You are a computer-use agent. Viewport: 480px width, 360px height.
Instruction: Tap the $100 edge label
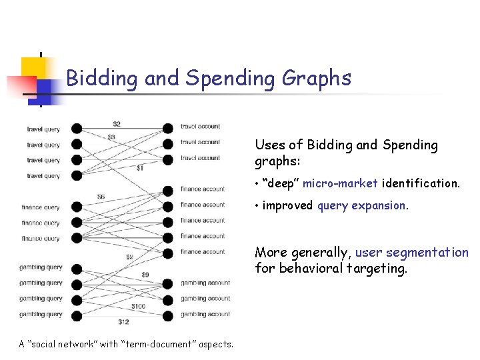tap(138, 307)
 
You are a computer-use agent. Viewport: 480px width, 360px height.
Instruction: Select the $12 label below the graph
tap(123, 323)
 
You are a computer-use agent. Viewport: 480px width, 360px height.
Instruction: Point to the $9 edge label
tap(145, 275)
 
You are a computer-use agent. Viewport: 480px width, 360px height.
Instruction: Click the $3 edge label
tap(111, 137)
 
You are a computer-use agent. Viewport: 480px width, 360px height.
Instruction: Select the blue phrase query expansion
tap(363, 205)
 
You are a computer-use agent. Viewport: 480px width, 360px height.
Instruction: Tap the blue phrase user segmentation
tap(412, 253)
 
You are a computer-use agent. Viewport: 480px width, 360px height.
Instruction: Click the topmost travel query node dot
tap(77, 129)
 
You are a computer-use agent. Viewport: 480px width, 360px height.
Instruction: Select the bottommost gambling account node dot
tap(168, 315)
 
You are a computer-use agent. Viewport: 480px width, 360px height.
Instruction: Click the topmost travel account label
tap(200, 127)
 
